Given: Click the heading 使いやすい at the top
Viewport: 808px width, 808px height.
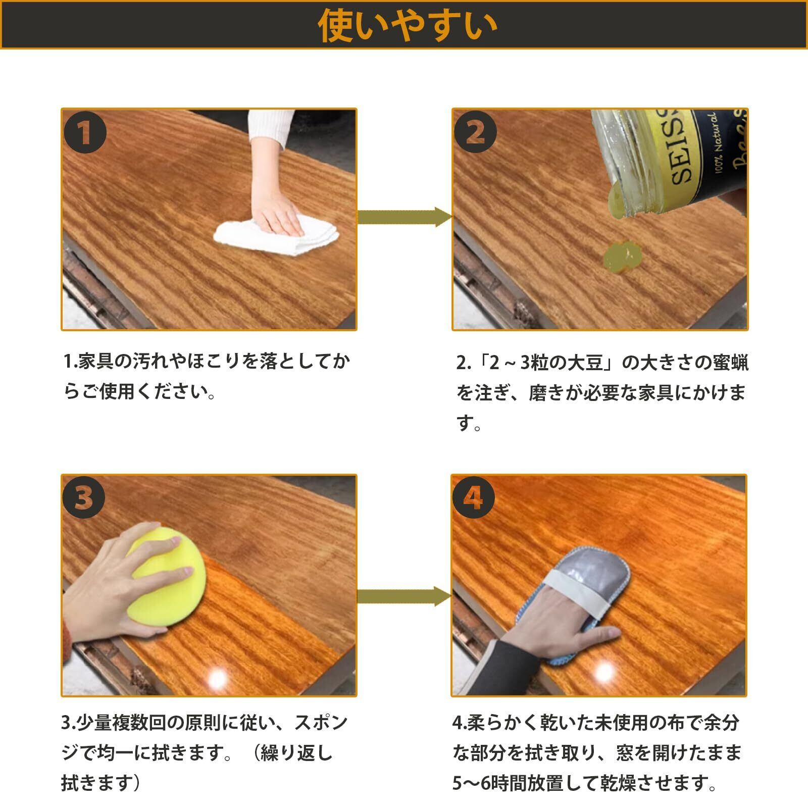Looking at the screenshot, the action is coord(407,25).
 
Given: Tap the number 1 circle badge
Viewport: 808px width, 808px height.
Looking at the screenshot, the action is coord(85,132).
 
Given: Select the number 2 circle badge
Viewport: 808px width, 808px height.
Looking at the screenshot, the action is coord(475,132).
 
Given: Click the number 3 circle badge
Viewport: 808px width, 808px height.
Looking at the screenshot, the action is coord(83,498).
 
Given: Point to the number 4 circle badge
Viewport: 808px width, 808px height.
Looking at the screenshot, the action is coord(473,498).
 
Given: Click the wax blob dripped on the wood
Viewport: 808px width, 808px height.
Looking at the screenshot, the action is coord(623,257).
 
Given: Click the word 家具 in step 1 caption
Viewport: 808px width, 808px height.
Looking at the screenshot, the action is coord(96,362).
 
